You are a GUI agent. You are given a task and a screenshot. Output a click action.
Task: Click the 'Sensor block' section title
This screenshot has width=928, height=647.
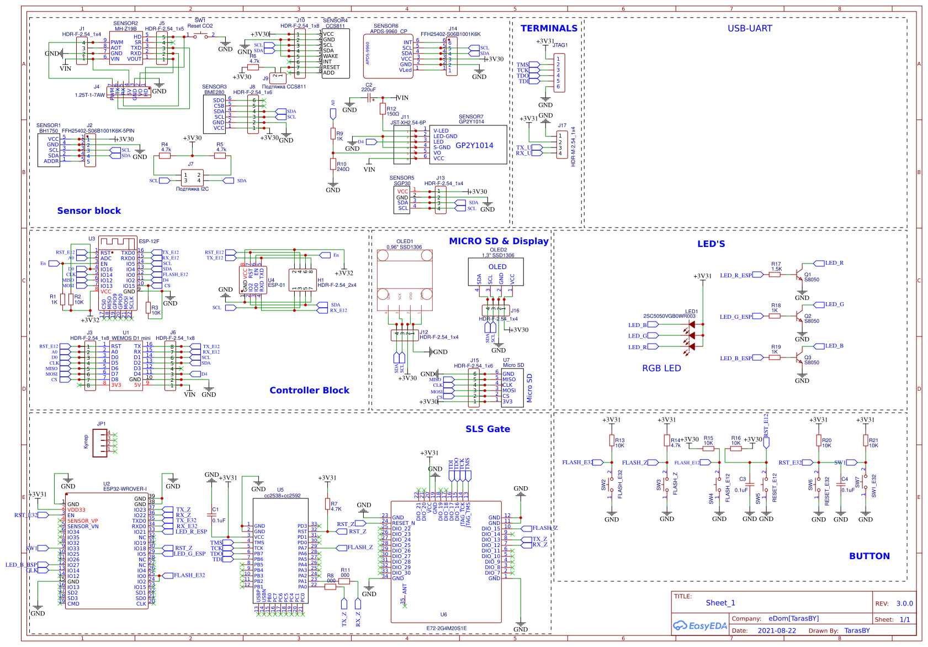(x=89, y=211)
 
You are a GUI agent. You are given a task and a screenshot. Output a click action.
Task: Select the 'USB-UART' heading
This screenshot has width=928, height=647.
(x=750, y=28)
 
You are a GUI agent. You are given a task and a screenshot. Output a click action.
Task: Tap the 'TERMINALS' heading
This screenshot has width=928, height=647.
(x=549, y=28)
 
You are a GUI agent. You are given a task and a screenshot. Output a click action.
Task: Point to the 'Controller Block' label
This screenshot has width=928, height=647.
(x=309, y=390)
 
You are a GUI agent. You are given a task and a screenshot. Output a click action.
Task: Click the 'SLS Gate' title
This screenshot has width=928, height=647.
(x=487, y=429)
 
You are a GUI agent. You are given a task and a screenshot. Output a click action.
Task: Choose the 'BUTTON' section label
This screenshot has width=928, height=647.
(x=869, y=556)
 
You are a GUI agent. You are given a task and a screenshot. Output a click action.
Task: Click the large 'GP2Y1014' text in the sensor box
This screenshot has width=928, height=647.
(x=474, y=145)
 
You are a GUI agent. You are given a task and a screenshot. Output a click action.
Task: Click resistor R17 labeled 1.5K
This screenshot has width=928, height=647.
(x=775, y=274)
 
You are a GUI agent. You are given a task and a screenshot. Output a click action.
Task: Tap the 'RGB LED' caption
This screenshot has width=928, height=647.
(x=661, y=368)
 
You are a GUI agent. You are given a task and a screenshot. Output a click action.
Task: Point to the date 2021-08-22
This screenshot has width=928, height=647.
(x=777, y=630)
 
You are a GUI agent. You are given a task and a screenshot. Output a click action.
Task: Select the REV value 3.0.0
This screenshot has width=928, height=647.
(x=904, y=603)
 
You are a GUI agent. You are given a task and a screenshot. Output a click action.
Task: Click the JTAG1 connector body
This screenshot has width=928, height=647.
(x=559, y=72)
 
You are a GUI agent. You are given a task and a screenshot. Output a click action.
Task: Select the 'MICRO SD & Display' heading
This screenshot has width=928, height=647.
(x=499, y=241)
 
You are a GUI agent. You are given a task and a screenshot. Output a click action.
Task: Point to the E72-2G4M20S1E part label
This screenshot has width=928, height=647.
(x=446, y=628)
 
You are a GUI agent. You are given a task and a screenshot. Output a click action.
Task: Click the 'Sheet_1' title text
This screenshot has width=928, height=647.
(x=720, y=603)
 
